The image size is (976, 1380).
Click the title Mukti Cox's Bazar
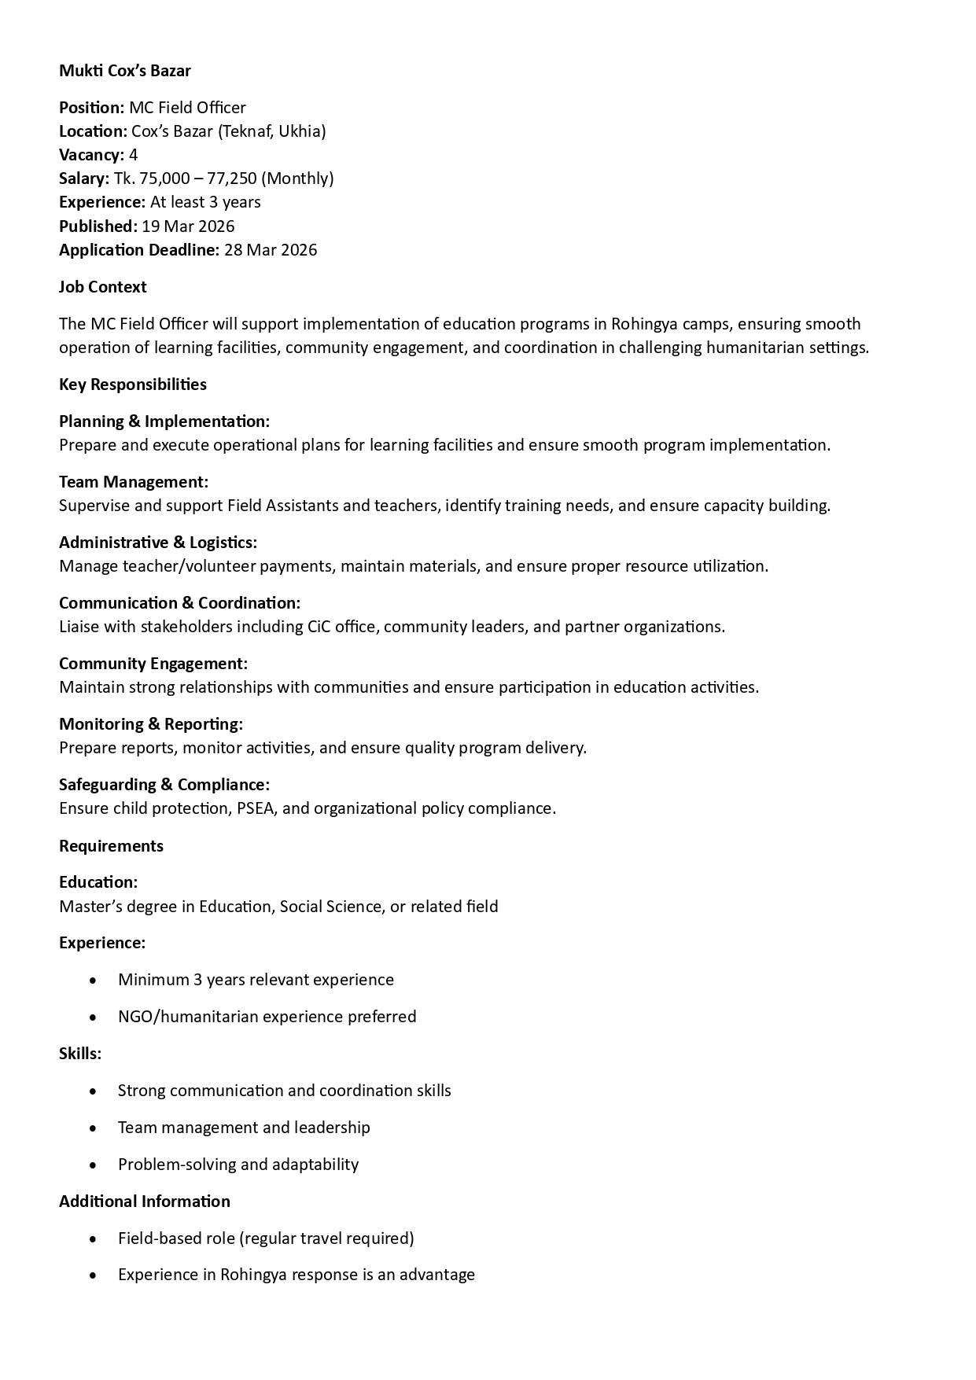pos(124,71)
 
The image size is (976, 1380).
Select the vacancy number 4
pos(134,155)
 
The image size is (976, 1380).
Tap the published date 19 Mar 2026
pos(188,226)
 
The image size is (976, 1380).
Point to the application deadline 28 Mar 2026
pos(271,250)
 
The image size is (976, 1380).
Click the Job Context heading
pos(102,287)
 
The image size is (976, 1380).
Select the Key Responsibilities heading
pos(132,385)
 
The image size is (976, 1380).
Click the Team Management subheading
pos(133,482)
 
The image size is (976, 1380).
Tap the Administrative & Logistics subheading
pos(157,543)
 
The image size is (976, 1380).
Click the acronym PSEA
pos(255,808)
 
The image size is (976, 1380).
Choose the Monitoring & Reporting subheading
pos(150,724)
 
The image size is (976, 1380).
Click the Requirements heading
pos(111,846)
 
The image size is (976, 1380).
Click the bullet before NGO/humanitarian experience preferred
pos(94,1017)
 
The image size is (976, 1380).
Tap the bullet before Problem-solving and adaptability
pos(94,1165)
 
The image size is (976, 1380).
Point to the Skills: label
pos(79,1054)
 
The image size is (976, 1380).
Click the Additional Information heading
pos(144,1202)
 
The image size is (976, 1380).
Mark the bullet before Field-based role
pos(94,1238)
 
